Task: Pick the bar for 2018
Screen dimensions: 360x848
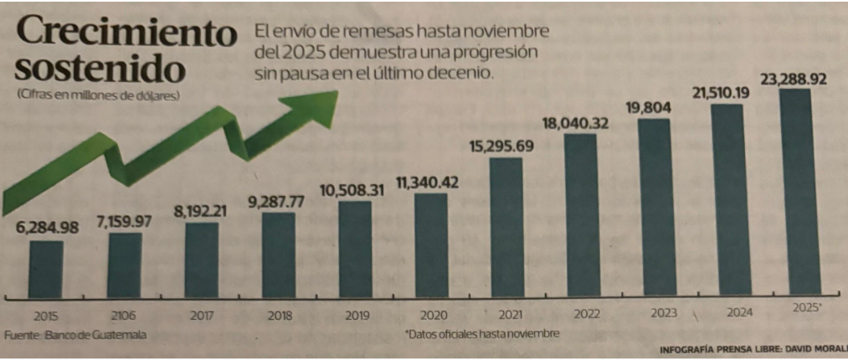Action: [x=278, y=255]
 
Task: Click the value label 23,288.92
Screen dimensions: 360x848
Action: [x=793, y=80]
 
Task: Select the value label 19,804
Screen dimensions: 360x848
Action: [x=650, y=107]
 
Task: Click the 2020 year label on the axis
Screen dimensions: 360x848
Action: [x=430, y=316]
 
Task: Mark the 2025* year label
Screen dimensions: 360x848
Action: [x=807, y=309]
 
